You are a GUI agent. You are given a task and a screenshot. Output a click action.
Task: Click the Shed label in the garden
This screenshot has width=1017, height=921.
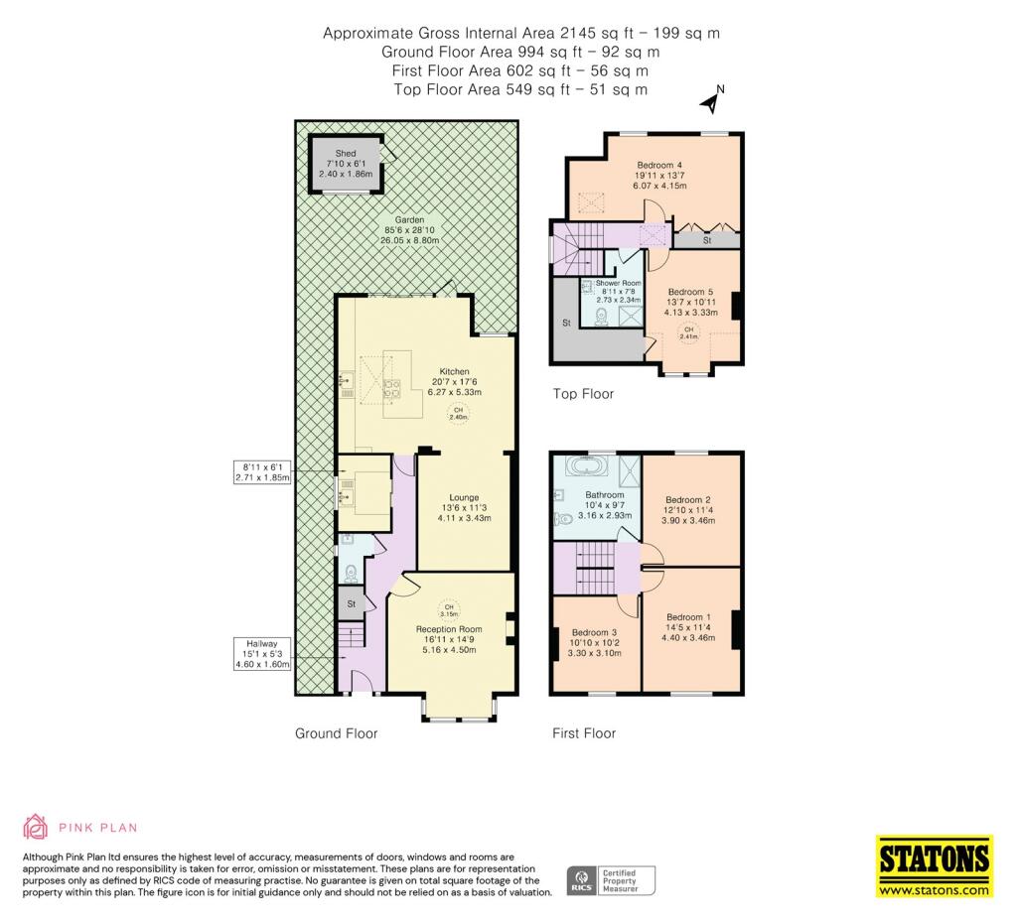click(x=346, y=154)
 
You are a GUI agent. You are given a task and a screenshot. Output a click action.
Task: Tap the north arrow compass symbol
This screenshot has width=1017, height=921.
click(x=713, y=98)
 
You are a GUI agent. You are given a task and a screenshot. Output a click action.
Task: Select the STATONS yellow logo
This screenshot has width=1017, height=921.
click(x=935, y=866)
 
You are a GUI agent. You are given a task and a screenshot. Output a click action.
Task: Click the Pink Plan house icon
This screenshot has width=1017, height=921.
click(x=36, y=827)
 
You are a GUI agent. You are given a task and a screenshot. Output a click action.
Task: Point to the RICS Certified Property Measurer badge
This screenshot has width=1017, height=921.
click(x=611, y=881)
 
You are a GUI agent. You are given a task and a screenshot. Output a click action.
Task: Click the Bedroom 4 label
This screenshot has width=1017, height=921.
click(x=659, y=166)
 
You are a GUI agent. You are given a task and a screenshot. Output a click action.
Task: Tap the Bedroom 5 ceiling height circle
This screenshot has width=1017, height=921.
click(x=689, y=333)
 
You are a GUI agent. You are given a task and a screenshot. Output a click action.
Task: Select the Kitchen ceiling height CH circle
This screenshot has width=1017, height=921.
click(x=458, y=414)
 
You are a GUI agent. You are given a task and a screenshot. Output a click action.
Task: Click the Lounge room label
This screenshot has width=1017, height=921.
click(x=464, y=498)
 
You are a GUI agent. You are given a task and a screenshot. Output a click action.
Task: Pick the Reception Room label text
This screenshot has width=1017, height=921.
click(x=449, y=629)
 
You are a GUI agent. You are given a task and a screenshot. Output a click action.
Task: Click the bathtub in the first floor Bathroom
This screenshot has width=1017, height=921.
click(x=587, y=466)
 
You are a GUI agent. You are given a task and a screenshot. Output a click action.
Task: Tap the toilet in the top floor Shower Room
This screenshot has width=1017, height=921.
click(x=601, y=317)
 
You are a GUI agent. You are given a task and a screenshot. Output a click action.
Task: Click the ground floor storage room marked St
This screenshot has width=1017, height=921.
click(x=351, y=603)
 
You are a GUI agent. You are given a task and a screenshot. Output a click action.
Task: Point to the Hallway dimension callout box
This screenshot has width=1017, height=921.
click(x=262, y=654)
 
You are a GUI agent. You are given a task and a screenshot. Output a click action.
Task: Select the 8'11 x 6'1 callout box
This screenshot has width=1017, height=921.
click(x=262, y=471)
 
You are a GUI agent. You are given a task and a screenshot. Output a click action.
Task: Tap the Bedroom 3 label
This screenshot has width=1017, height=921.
click(x=594, y=632)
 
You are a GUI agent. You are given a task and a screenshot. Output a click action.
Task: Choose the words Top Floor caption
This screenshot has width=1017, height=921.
click(x=583, y=394)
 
